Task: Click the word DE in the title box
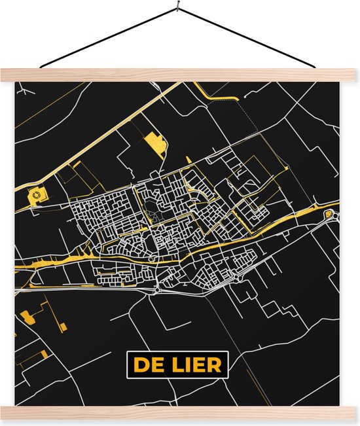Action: click(147, 364)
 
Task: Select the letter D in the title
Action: click(140, 364)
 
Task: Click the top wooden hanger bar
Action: click(180, 75)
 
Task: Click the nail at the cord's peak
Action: click(177, 8)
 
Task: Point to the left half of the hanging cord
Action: click(108, 37)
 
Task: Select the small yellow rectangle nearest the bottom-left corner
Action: click(44, 354)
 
